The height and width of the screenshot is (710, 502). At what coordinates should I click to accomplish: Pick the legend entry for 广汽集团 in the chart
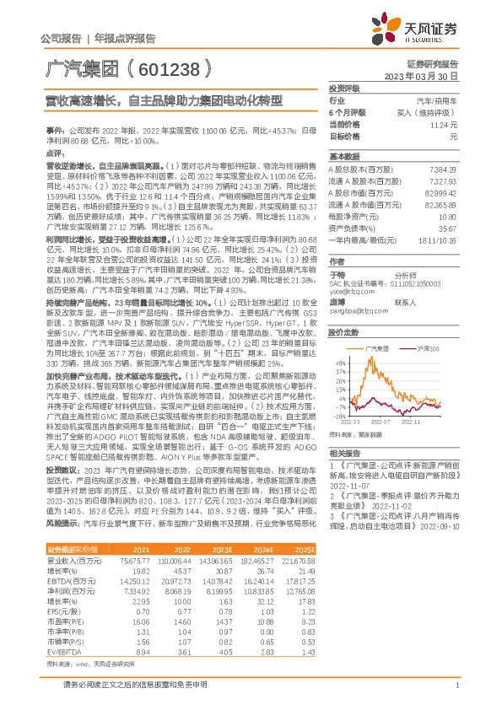point(374,347)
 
